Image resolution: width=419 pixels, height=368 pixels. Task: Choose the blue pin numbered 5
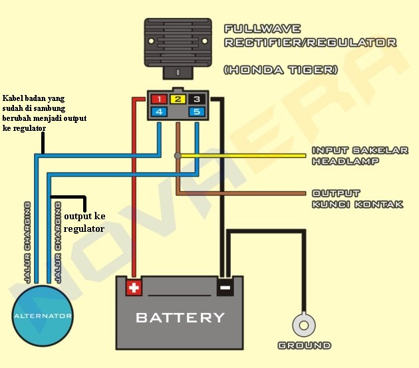pyautogui.click(x=196, y=112)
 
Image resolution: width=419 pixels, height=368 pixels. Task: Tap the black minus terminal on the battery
pyautogui.click(x=225, y=288)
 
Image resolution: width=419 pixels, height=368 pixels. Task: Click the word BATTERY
pyautogui.click(x=180, y=318)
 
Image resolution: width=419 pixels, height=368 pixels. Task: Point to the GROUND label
pyautogui.click(x=304, y=346)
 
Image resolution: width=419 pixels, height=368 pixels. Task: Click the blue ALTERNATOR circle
pyautogui.click(x=43, y=316)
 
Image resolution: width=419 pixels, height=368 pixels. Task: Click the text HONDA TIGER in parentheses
pyautogui.click(x=281, y=69)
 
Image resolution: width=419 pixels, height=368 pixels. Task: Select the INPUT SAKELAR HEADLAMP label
pyautogui.click(x=359, y=156)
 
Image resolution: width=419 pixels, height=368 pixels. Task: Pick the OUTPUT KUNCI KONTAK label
pyautogui.click(x=357, y=199)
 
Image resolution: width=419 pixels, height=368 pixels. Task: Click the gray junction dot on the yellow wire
pyautogui.click(x=177, y=155)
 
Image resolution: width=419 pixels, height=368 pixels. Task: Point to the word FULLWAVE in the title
pyautogui.click(x=262, y=29)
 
